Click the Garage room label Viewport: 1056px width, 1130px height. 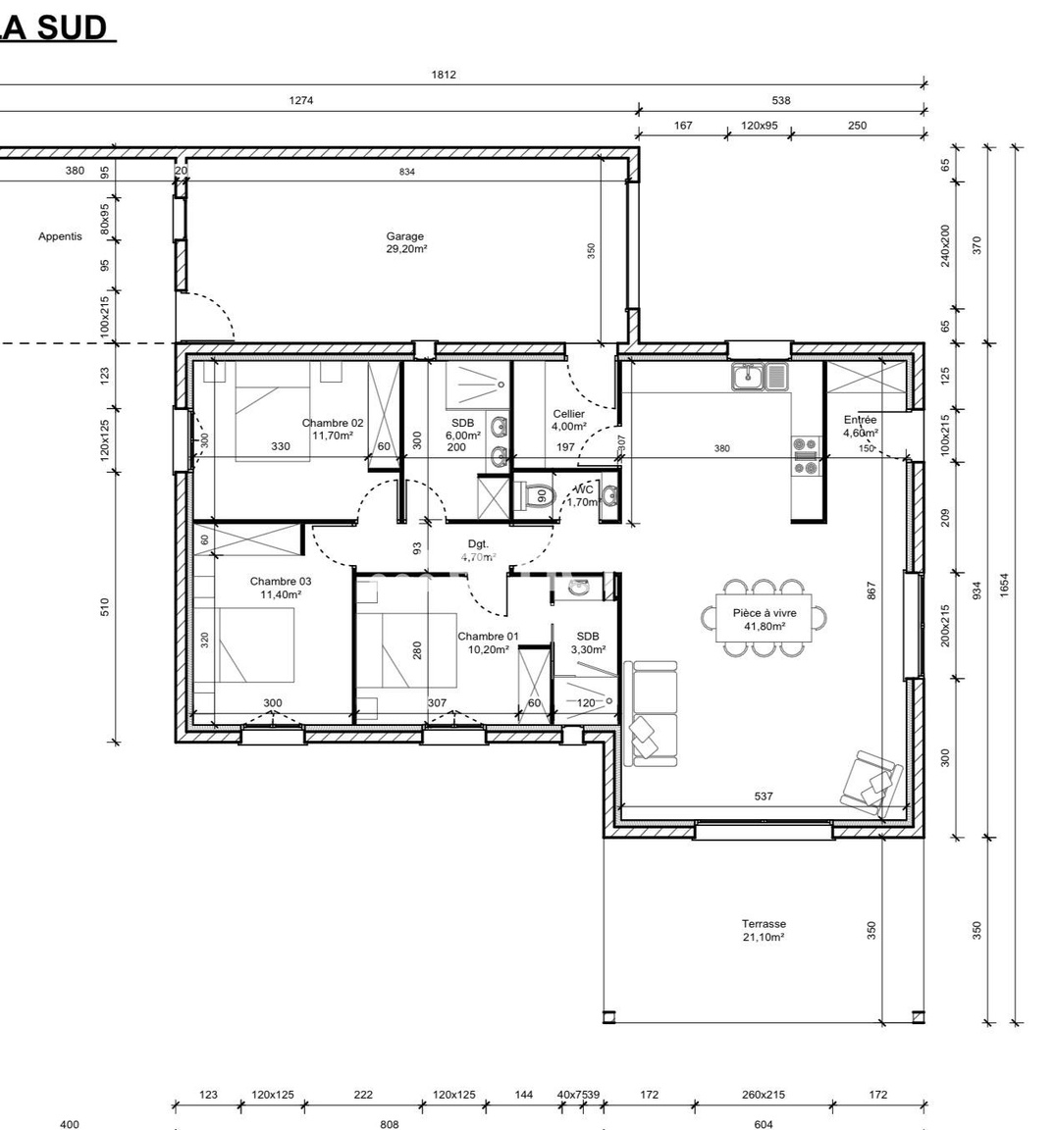405,242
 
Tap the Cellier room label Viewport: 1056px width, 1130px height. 568,420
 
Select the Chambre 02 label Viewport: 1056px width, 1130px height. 333,429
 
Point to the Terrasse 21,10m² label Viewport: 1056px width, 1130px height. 764,930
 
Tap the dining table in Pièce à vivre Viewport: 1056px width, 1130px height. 765,619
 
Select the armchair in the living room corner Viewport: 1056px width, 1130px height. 873,782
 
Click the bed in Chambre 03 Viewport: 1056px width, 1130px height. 256,645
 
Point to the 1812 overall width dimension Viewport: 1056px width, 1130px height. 444,75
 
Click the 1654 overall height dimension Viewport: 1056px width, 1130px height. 1004,583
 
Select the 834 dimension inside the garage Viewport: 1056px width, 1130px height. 407,173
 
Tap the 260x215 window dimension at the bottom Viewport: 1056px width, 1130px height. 764,1095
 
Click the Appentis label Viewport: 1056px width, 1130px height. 61,236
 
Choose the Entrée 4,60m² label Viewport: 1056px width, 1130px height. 861,426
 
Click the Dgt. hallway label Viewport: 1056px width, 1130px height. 478,544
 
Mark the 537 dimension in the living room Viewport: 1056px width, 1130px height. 764,796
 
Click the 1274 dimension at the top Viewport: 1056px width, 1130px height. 301,100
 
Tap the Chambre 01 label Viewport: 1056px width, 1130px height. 488,642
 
